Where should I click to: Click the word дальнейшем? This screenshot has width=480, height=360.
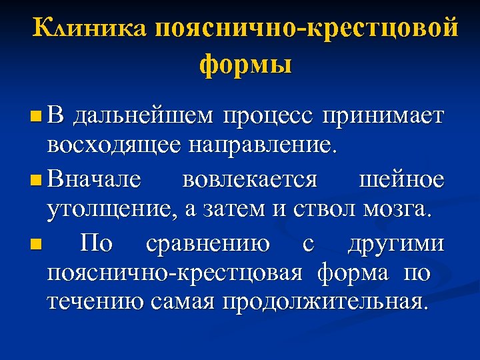click(x=143, y=117)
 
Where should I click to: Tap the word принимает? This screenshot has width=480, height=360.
click(x=383, y=117)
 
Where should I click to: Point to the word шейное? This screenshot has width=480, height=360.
click(x=401, y=181)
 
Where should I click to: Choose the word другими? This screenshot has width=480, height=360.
click(x=395, y=244)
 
